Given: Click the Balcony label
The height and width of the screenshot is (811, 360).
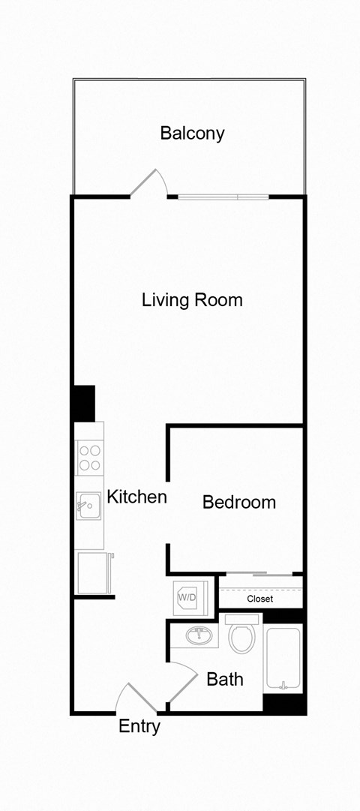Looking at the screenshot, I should click(x=192, y=134).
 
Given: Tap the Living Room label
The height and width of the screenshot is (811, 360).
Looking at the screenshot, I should click(x=192, y=300).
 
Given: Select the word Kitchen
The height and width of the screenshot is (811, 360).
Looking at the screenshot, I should click(x=136, y=497).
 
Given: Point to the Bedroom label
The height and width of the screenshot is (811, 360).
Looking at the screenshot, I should click(x=239, y=502).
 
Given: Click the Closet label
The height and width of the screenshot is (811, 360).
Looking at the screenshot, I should click(x=259, y=599).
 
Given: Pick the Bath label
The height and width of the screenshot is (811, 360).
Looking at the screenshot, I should click(x=225, y=680).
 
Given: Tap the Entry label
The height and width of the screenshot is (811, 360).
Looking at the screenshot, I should click(x=139, y=726).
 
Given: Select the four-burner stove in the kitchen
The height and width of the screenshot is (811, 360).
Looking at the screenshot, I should click(x=90, y=458).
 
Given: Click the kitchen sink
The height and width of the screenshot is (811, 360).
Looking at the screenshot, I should click(x=88, y=506).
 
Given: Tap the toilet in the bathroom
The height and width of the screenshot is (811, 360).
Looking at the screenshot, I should click(x=241, y=635).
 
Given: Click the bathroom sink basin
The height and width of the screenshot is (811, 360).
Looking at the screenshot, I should click(x=199, y=635).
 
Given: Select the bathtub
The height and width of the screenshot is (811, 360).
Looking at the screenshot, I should click(x=283, y=659).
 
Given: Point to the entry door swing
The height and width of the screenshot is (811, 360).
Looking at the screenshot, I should click(x=134, y=696).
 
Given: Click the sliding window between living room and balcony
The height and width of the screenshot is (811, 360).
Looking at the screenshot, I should click(x=223, y=197).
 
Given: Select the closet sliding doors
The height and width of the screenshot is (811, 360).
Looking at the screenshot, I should click(x=259, y=575).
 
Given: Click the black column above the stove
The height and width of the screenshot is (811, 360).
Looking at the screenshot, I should click(x=84, y=404).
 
